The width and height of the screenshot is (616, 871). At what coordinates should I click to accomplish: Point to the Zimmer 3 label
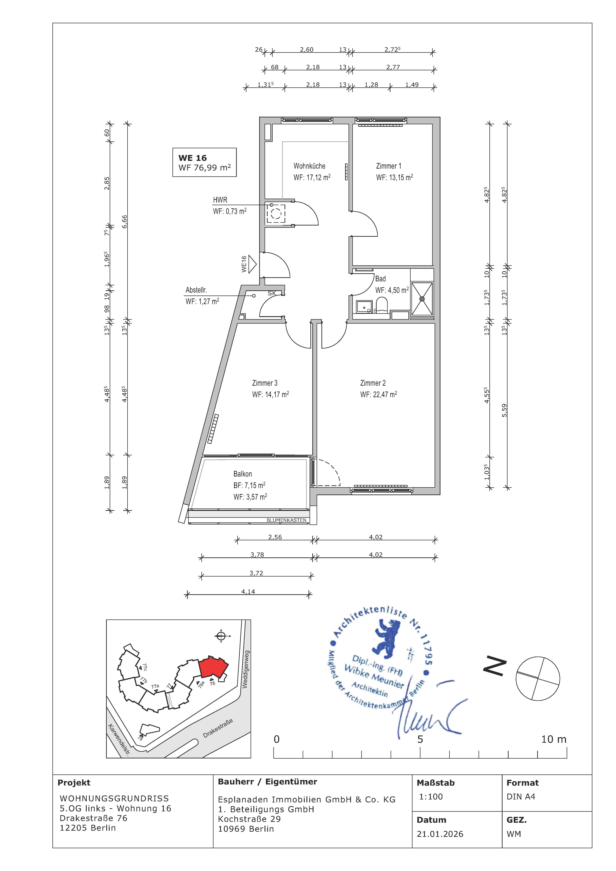pos(265,383)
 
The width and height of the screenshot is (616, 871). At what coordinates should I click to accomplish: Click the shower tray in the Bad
pos(422,299)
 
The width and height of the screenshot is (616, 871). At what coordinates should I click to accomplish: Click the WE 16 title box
pos(205,162)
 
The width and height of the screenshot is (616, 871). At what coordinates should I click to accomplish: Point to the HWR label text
pos(220,200)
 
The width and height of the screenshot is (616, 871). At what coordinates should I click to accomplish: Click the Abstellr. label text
pos(196,290)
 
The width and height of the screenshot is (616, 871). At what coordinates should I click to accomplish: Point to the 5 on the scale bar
pos(420,739)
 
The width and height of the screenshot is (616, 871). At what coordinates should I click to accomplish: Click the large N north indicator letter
pos(495,667)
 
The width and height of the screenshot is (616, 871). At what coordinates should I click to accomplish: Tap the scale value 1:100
pos(431,797)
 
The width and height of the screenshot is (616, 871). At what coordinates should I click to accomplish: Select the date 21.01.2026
pos(440,834)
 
